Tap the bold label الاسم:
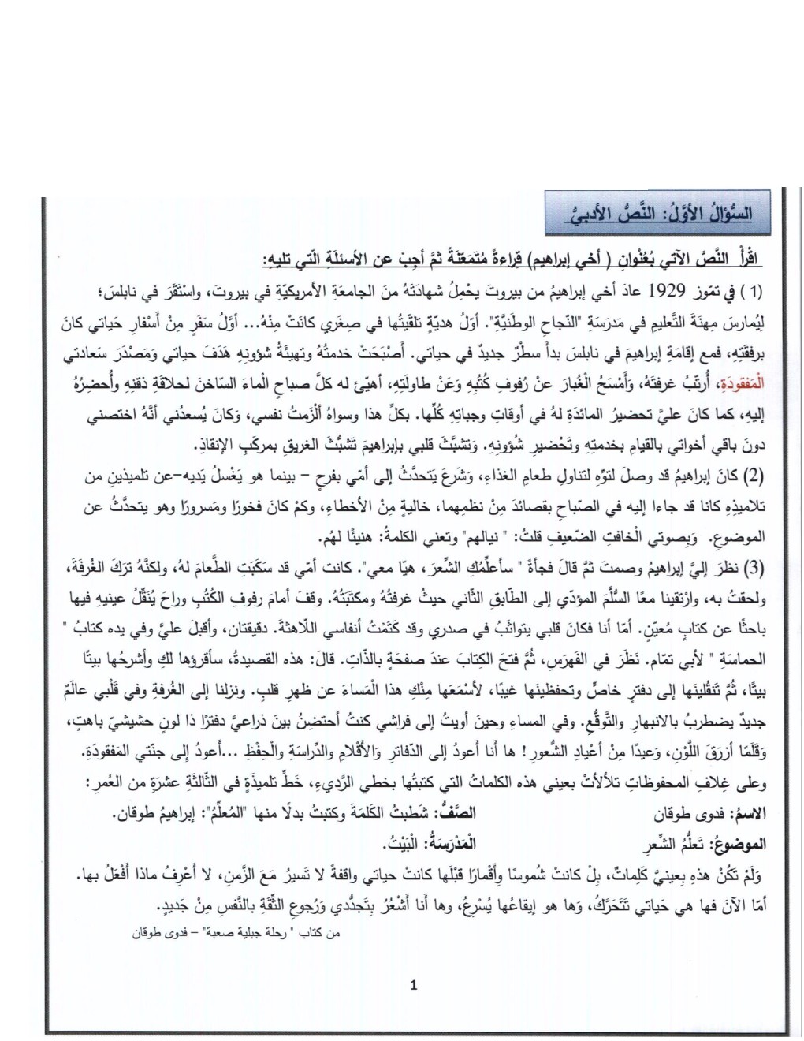749,812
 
